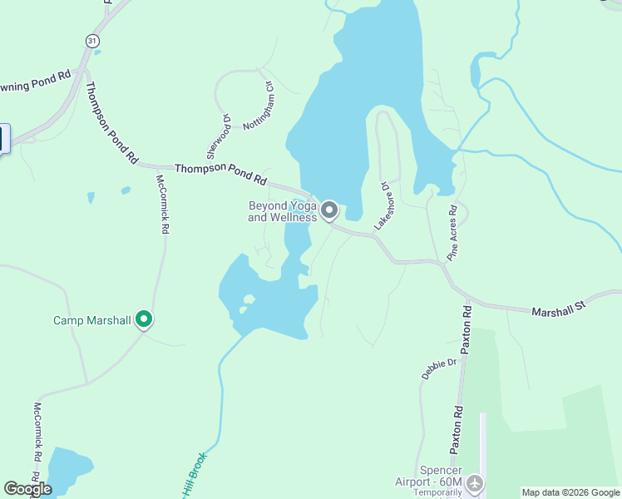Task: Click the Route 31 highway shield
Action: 90,40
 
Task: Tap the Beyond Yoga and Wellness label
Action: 283,212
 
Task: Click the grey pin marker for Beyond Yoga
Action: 329,210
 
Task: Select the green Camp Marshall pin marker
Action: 144,319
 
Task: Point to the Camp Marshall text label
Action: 92,320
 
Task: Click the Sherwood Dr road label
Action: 219,136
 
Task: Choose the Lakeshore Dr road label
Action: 383,205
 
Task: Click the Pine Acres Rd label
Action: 453,234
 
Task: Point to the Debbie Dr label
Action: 440,368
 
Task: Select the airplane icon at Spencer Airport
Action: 475,482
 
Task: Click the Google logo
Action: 27,489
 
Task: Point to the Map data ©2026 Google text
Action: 570,492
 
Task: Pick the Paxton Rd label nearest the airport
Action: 457,429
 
